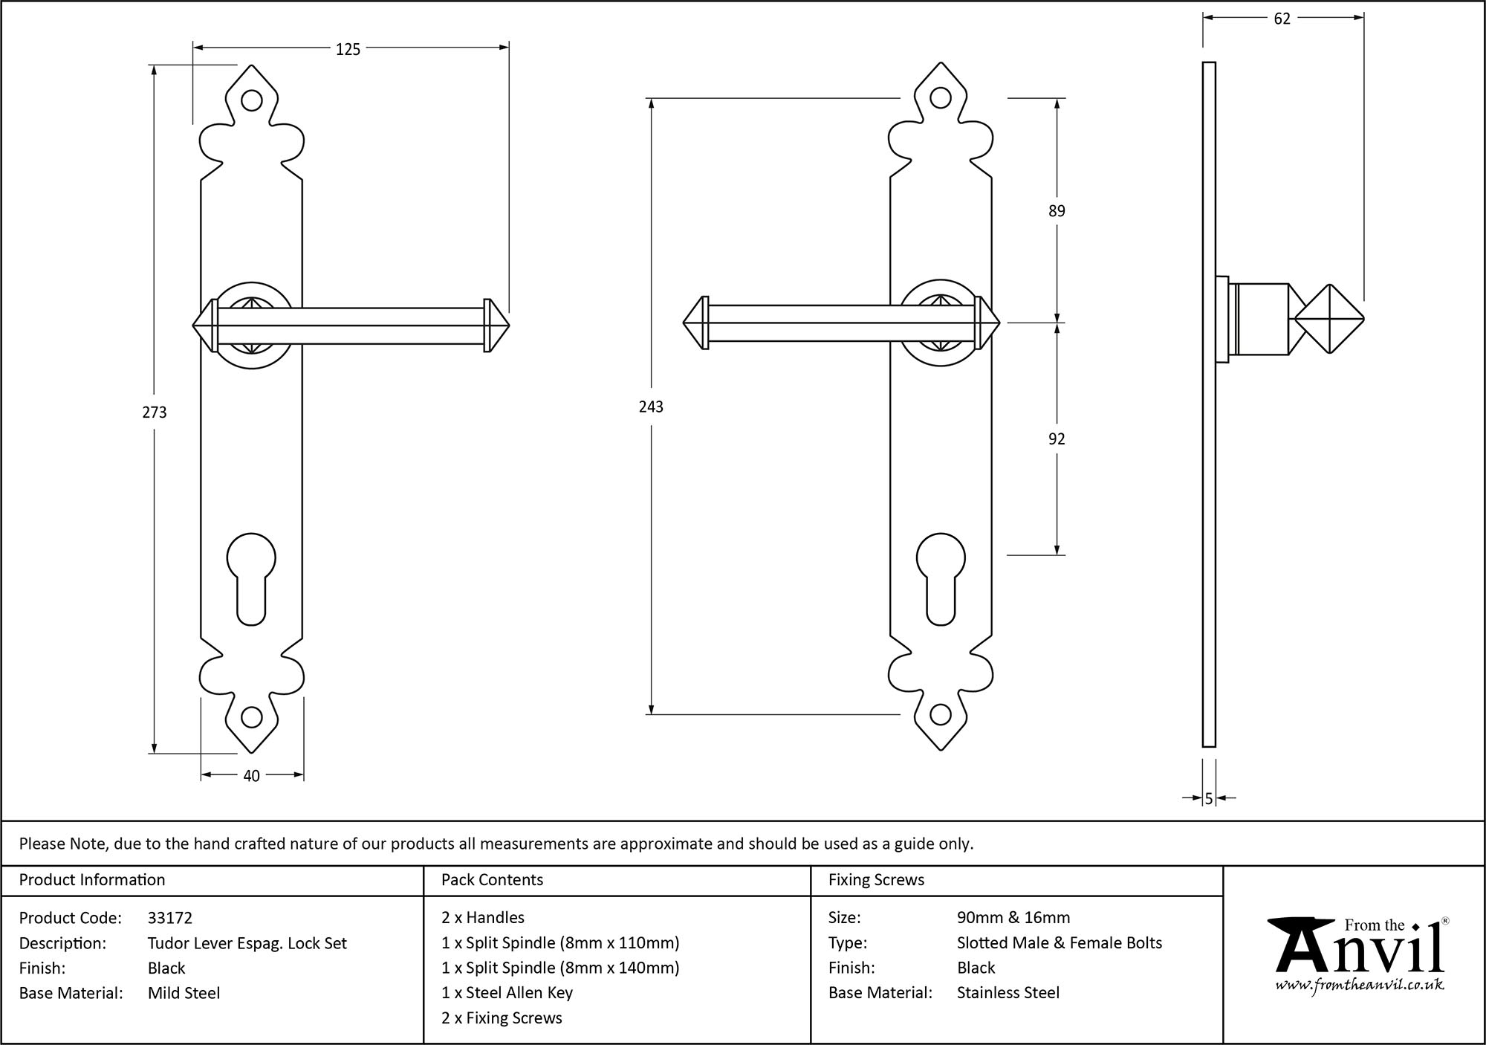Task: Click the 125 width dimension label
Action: pyautogui.click(x=348, y=49)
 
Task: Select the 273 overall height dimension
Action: pyautogui.click(x=155, y=412)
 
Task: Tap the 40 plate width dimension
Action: pyautogui.click(x=251, y=776)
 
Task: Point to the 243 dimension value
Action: pyautogui.click(x=651, y=407)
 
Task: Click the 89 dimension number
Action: pyautogui.click(x=1057, y=211)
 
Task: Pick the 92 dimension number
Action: pyautogui.click(x=1057, y=439)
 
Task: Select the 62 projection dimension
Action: pyautogui.click(x=1282, y=19)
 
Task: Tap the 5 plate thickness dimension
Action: pyautogui.click(x=1209, y=799)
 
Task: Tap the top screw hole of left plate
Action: pyautogui.click(x=252, y=100)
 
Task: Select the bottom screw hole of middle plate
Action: pyautogui.click(x=941, y=716)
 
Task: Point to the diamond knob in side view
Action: pyautogui.click(x=1329, y=320)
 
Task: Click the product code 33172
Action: pyautogui.click(x=170, y=918)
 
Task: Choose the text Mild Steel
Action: pyautogui.click(x=184, y=993)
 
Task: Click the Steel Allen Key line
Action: pyautogui.click(x=507, y=993)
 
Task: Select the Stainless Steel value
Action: pyautogui.click(x=1008, y=993)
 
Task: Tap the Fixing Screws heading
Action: pyautogui.click(x=876, y=880)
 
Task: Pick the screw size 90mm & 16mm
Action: pyautogui.click(x=1013, y=918)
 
